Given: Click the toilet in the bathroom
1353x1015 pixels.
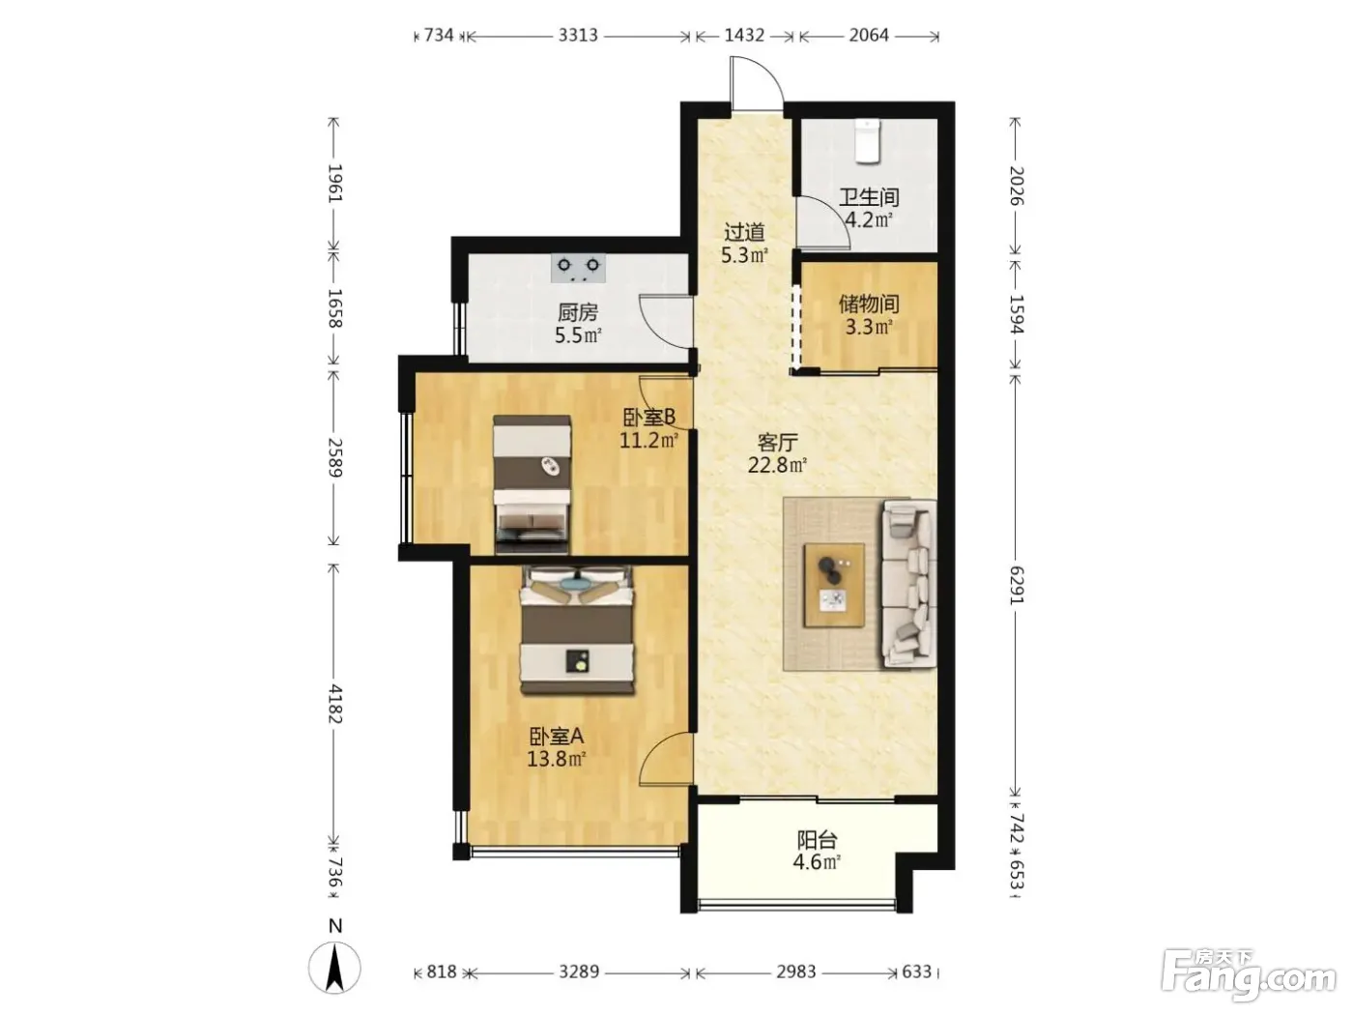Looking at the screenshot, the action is (867, 142).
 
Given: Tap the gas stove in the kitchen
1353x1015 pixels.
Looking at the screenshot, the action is (578, 268).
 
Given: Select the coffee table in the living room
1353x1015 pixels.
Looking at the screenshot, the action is (833, 585).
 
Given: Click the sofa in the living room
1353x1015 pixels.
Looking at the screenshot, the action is (909, 583).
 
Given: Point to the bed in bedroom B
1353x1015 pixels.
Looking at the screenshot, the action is (532, 484).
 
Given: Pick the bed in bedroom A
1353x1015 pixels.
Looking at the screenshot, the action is (577, 630).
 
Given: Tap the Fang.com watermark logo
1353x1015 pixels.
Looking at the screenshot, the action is (1249, 981).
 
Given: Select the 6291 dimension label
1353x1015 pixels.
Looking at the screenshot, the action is (1016, 586).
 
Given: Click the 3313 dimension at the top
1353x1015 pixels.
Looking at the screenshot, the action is (578, 35).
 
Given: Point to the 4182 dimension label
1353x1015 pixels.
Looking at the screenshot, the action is (334, 703).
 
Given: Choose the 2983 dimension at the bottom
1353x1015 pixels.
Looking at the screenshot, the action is (795, 971).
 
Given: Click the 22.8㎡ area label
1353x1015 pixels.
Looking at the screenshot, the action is (777, 465).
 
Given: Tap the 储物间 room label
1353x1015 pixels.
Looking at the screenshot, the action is (869, 304).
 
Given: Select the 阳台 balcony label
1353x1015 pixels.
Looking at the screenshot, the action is (818, 840).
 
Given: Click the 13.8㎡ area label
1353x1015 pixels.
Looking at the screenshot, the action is (556, 759).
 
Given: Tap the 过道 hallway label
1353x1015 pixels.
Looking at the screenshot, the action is (744, 232).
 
